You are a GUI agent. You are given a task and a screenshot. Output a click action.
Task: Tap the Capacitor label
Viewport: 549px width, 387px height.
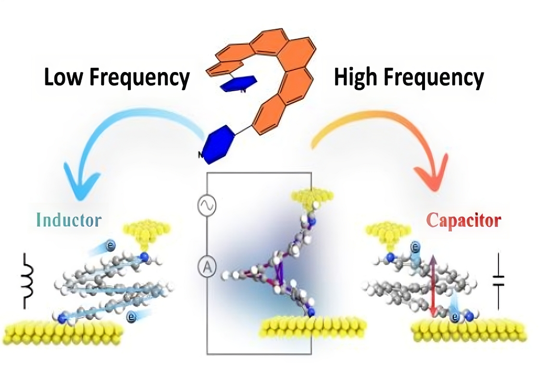tap(463, 220)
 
